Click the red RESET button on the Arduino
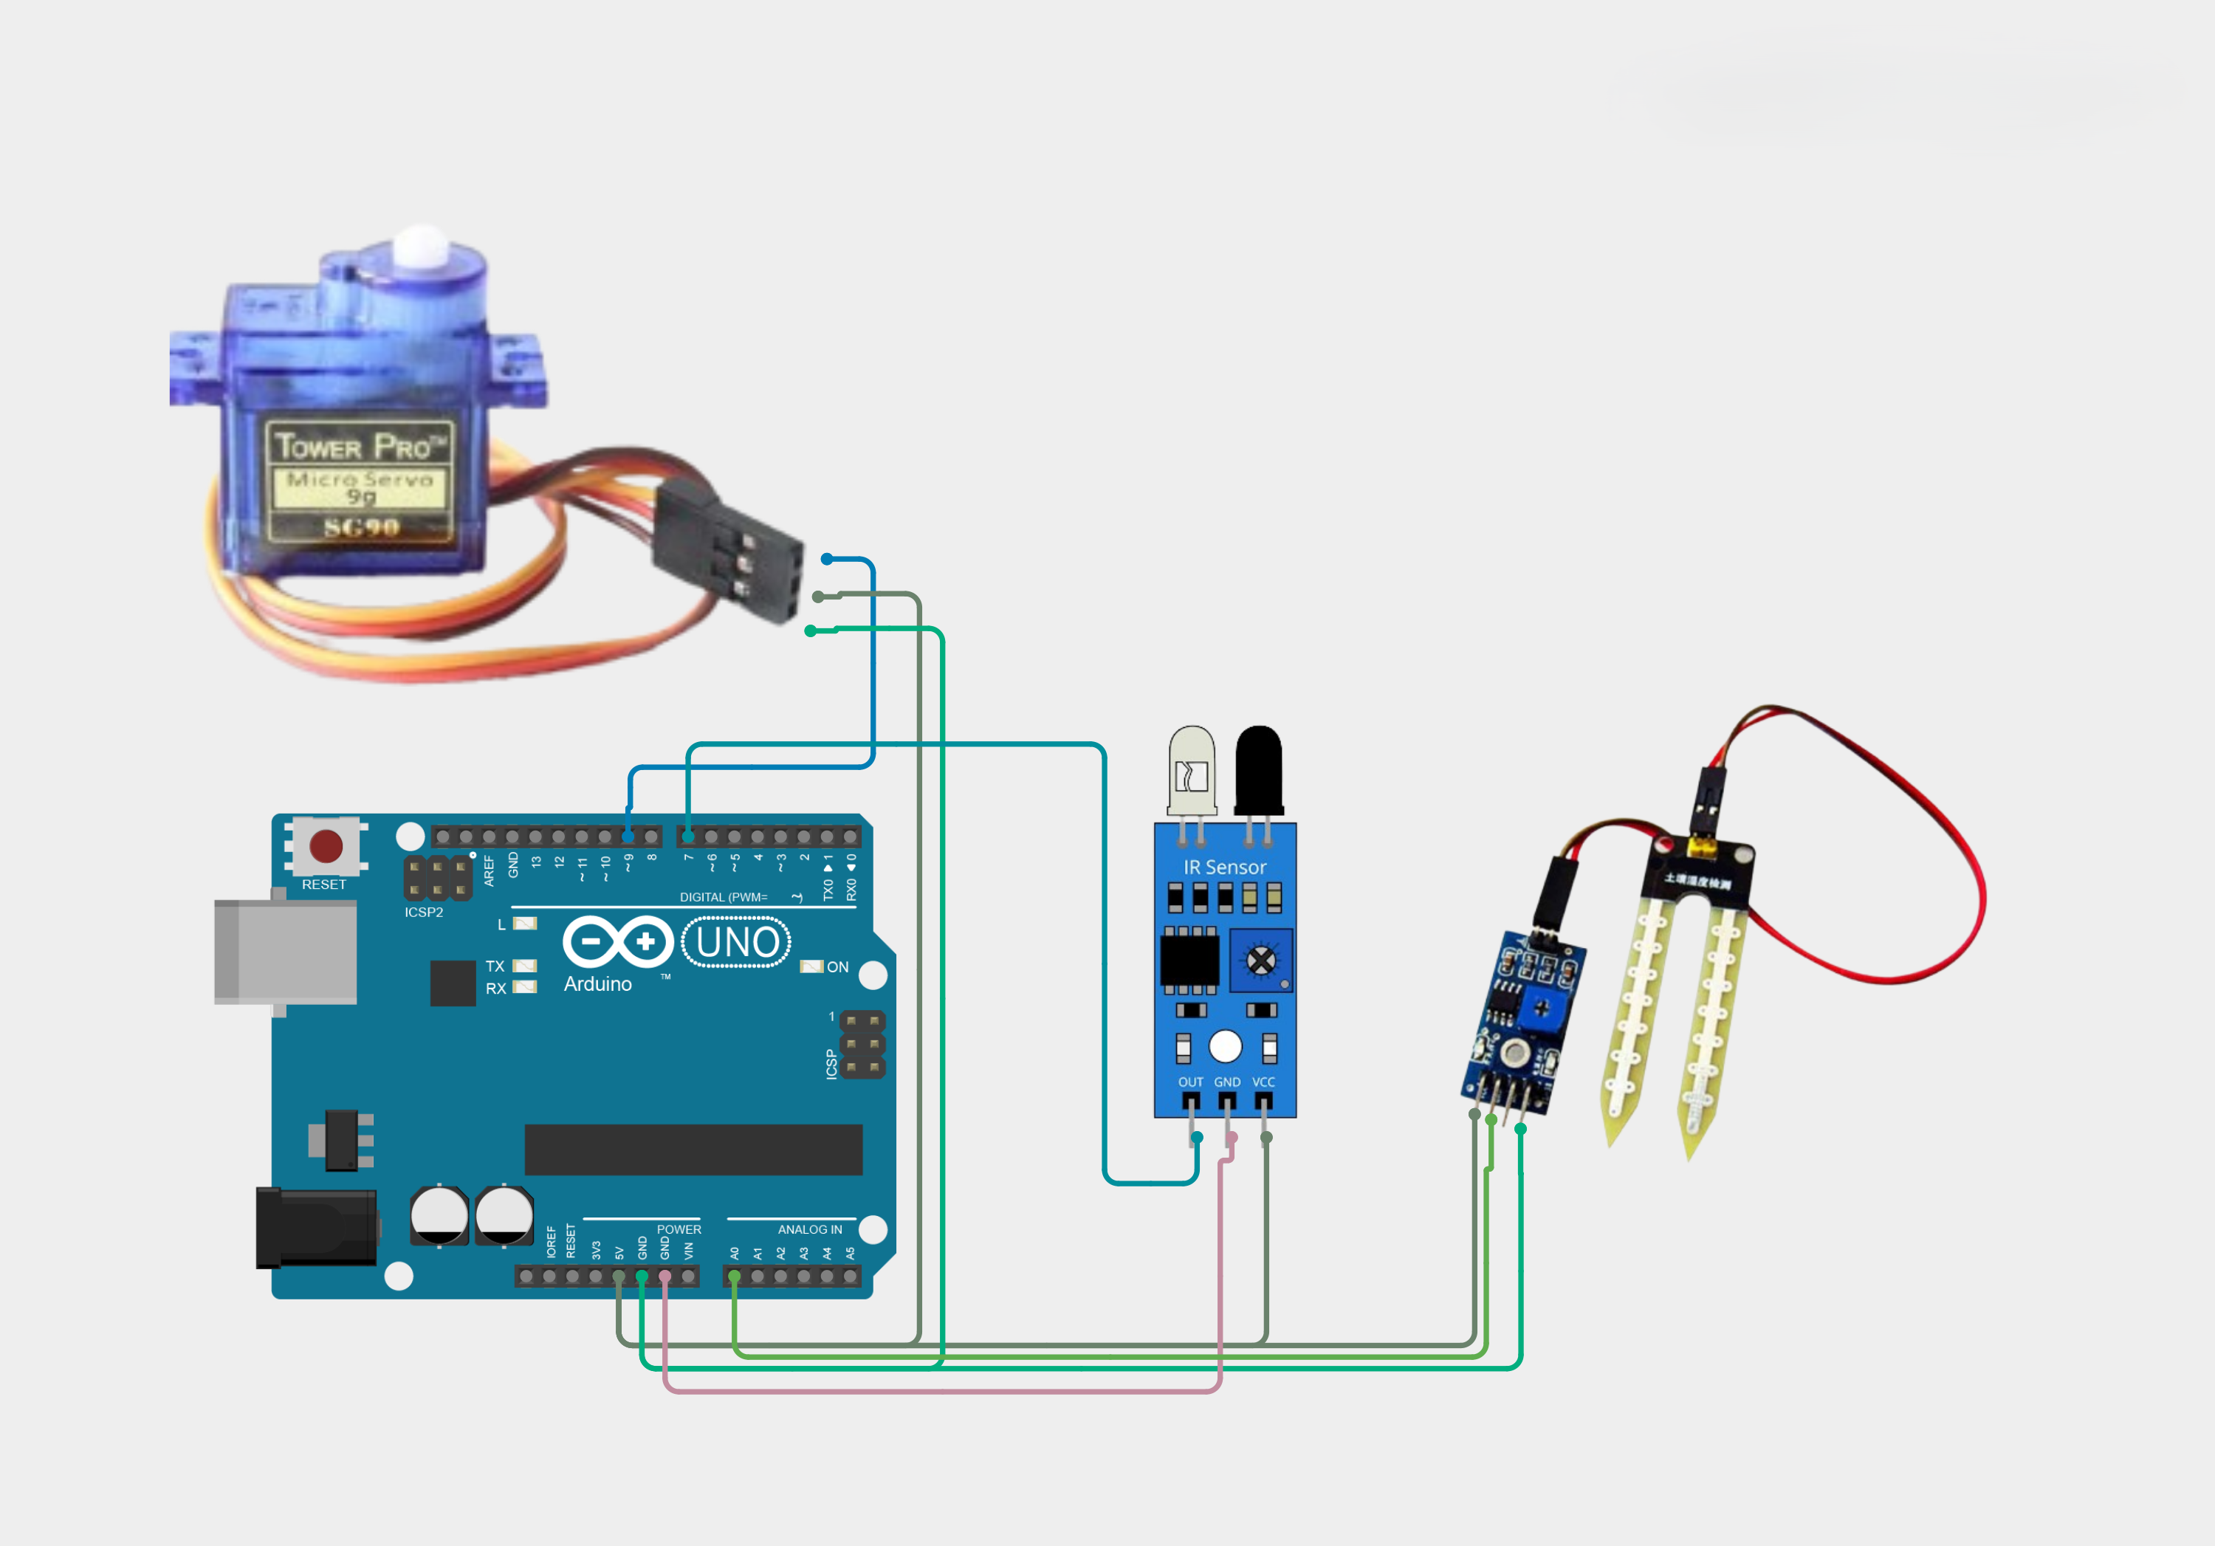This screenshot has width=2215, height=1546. pos(326,846)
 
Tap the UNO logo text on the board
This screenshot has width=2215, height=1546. pos(737,942)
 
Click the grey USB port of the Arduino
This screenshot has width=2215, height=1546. pos(286,952)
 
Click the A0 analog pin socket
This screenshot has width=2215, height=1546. pos(734,1276)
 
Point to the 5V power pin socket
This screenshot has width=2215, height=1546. pos(619,1276)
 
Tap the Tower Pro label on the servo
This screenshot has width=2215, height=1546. pos(360,447)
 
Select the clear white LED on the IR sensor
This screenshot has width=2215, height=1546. pos(1192,772)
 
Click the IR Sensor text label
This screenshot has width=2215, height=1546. pos(1225,867)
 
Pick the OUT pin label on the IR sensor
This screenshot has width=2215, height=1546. pos(1190,1082)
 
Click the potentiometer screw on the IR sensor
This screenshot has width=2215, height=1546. pos(1261,961)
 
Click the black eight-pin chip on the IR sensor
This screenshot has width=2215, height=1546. pos(1189,961)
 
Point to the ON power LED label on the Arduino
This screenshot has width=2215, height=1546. pos(837,967)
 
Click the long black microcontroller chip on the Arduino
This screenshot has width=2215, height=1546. pos(693,1149)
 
